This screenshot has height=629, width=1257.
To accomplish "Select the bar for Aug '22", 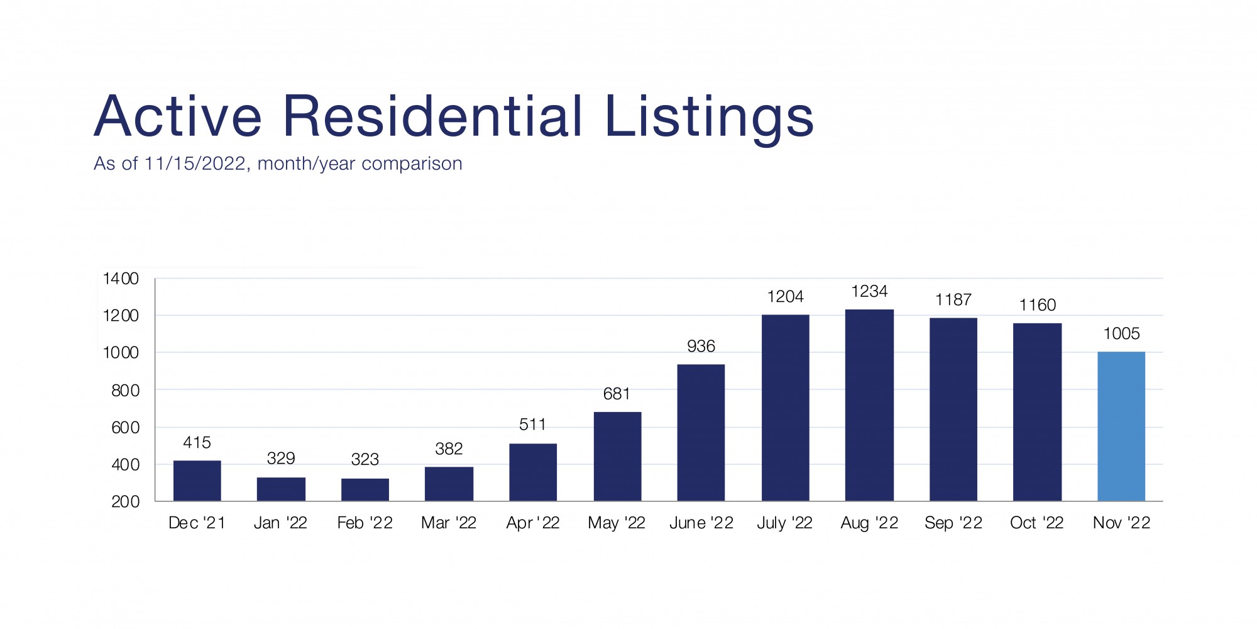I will [x=869, y=405].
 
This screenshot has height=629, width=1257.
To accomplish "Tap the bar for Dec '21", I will [x=197, y=481].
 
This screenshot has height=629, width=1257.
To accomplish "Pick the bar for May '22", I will [x=617, y=457].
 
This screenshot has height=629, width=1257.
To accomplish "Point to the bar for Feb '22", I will [x=365, y=490].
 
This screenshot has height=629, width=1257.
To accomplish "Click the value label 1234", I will [x=869, y=291].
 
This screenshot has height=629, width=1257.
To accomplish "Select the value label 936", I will [x=701, y=346].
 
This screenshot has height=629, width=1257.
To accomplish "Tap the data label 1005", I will [x=1121, y=333].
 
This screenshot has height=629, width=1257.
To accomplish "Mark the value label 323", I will [x=365, y=459].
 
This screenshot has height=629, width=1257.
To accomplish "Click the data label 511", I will [x=532, y=425].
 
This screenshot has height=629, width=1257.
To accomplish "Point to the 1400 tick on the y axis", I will [x=121, y=279].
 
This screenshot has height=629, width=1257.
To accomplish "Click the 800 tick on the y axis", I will [x=125, y=391].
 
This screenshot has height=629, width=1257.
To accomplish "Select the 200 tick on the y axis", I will [x=125, y=502].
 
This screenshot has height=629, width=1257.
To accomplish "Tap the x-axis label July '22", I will [x=784, y=523].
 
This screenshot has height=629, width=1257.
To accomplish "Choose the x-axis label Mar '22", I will [x=449, y=523].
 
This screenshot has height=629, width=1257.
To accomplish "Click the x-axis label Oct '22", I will [x=1036, y=523].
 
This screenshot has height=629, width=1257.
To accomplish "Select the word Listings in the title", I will [x=709, y=118].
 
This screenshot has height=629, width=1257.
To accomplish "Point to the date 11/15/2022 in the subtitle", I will [x=194, y=164].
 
